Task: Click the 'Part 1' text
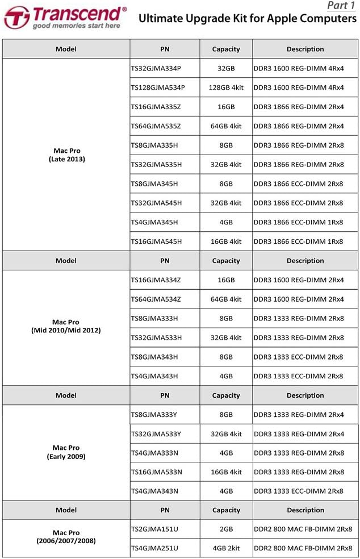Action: point(340,6)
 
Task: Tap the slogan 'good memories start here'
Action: point(76,26)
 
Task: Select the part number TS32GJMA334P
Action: point(156,68)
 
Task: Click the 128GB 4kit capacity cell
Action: point(226,87)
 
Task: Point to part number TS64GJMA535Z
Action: point(156,126)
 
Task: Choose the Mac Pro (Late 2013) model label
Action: point(66,155)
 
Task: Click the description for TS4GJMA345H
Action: point(298,222)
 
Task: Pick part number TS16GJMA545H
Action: point(156,241)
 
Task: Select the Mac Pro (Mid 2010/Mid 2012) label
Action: point(66,326)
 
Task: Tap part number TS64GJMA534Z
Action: point(156,299)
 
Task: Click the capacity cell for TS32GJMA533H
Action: point(226,338)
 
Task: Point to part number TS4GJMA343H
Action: point(154,376)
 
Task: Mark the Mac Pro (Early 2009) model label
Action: point(66,452)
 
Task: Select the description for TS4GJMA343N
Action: point(298,491)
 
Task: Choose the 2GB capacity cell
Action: point(226,529)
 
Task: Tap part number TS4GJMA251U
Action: point(154,549)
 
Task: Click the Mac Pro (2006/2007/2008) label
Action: point(66,537)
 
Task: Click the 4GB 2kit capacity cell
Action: point(226,549)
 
